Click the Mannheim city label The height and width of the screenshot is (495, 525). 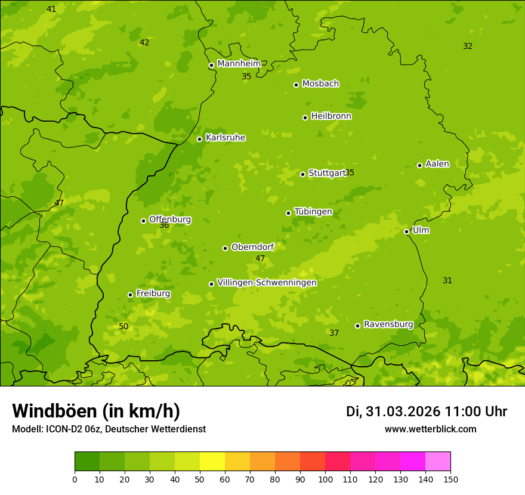pos(239,64)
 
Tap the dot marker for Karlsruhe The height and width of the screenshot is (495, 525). pos(200,139)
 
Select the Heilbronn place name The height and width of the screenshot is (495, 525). pos(331,116)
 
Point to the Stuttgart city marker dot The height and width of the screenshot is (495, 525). pos(303,174)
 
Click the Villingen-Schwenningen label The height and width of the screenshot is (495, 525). pos(267,283)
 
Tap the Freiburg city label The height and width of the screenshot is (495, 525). pos(153,293)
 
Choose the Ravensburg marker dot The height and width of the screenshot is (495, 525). pos(358,326)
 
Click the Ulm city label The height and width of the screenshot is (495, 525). pos(421,230)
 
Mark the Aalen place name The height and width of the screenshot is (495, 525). pos(437,164)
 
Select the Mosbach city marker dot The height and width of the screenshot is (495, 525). pos(297,85)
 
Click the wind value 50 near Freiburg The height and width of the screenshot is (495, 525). pos(123,327)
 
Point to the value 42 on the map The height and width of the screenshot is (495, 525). pos(144,43)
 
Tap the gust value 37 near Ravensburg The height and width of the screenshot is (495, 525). pos(334,333)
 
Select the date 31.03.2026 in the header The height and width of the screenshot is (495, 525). pos(403,412)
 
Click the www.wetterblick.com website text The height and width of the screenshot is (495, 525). pos(430,429)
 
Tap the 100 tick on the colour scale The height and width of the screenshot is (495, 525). pos(325,479)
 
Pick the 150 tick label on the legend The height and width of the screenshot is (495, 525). pos(450,479)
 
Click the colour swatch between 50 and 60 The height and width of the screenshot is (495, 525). pos(212,462)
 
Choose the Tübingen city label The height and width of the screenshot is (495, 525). pos(313,212)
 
